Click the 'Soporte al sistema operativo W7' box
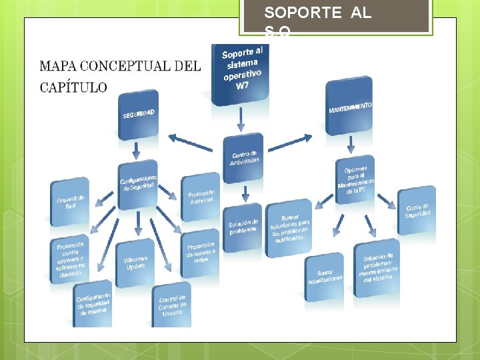241,71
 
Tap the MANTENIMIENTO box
349,107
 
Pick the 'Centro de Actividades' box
244,159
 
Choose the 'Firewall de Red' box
70,202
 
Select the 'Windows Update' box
136,263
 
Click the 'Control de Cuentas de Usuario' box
172,305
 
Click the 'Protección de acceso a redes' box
201,253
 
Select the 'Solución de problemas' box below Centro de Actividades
243,227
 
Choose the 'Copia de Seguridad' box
417,211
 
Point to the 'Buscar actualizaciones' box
325,276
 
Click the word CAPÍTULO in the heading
73,87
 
